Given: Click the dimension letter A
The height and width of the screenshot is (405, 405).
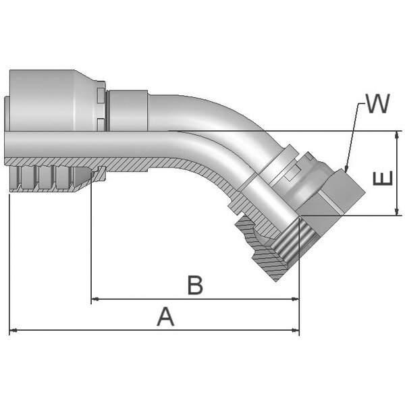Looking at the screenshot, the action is click(165, 317).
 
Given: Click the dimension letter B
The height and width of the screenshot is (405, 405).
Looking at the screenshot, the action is click(195, 285).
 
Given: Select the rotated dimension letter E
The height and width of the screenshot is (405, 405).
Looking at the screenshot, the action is click(383, 178).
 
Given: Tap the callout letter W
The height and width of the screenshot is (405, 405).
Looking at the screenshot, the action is click(377, 103).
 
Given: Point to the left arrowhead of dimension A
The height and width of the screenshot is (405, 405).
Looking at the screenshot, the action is click(13, 330).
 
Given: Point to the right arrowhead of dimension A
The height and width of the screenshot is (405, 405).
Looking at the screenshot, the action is click(296, 330).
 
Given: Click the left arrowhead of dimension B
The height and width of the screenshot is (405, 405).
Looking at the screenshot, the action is click(95, 299).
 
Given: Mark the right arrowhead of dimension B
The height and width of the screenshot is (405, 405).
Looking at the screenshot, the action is click(295, 299).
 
